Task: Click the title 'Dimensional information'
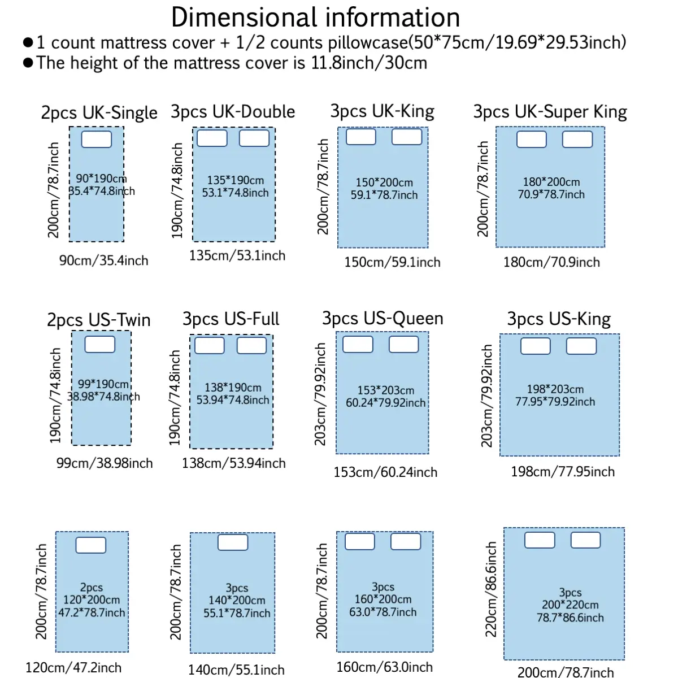point(315,18)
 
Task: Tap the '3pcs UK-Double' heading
point(233,112)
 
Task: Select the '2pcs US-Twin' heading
point(99,320)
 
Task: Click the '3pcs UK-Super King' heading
point(550,112)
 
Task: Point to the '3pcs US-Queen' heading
point(383,319)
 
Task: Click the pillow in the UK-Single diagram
point(97,139)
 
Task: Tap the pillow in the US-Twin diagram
point(100,344)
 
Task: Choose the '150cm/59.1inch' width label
point(392,262)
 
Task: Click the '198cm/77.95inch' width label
point(563,472)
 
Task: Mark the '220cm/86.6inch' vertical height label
point(492,589)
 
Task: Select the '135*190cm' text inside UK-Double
point(235,180)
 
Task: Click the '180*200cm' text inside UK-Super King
point(551,182)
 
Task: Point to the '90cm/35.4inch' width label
point(104,260)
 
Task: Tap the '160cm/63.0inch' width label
point(384,667)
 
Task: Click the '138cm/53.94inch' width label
point(233,463)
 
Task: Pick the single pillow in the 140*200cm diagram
point(233,542)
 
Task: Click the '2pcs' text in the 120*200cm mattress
point(92,588)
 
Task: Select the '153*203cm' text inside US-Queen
point(385,390)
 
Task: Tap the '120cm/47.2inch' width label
point(73,668)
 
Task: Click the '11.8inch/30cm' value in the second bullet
point(369,63)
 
